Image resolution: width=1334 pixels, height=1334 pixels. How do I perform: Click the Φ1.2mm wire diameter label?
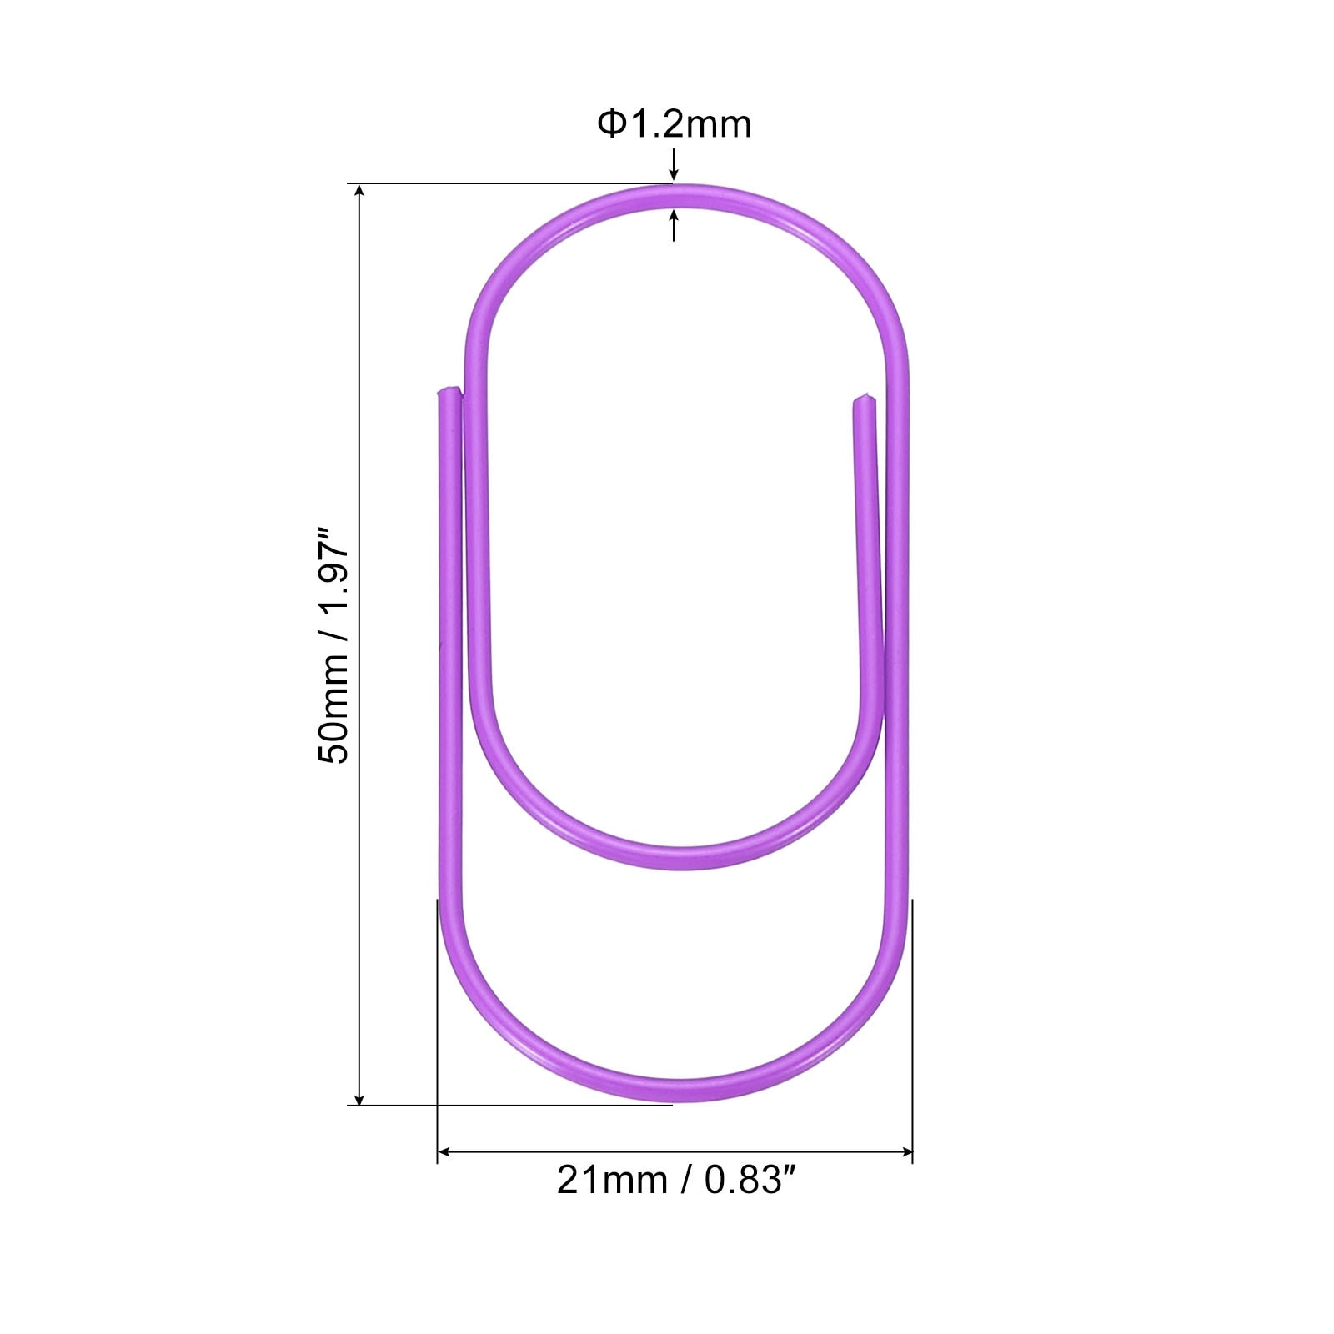pos(674,124)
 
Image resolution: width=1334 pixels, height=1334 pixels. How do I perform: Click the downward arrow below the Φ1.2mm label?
pos(674,165)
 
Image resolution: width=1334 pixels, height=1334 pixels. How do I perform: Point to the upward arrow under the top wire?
pos(674,225)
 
